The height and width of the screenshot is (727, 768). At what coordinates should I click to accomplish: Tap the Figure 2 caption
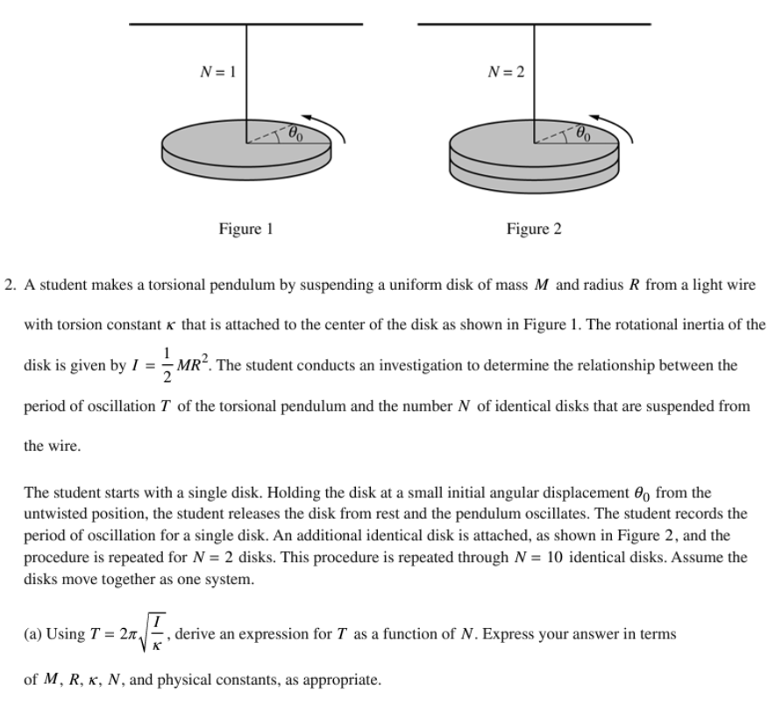pyautogui.click(x=534, y=229)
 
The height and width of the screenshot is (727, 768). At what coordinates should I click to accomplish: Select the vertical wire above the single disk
pyautogui.click(x=246, y=79)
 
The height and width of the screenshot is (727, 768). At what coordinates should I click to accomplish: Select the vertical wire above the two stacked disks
pyautogui.click(x=534, y=79)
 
